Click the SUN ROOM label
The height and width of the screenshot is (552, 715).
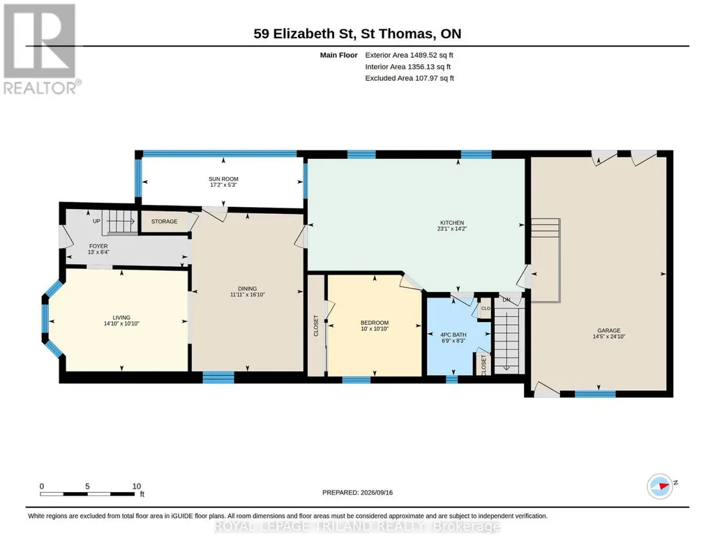(x=223, y=179)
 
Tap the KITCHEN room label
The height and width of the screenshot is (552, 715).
(x=452, y=223)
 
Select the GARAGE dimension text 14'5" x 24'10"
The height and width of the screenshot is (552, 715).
(x=609, y=337)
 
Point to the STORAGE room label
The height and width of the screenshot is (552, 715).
(x=164, y=222)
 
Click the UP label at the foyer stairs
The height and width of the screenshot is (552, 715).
(x=97, y=222)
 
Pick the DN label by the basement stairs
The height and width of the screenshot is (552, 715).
(x=506, y=300)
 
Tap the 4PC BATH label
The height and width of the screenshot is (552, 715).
(x=453, y=335)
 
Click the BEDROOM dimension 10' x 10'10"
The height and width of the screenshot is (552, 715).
(x=375, y=329)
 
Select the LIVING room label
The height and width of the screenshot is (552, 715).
(x=121, y=317)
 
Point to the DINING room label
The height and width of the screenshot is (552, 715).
(x=247, y=289)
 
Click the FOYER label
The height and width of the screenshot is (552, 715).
(x=98, y=246)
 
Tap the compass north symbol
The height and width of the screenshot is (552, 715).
(x=661, y=486)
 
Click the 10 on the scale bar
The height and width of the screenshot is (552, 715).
(x=136, y=486)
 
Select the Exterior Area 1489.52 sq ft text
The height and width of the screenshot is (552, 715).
(x=409, y=55)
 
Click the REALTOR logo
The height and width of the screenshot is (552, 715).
(x=40, y=49)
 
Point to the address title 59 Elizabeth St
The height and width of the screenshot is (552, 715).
(x=305, y=33)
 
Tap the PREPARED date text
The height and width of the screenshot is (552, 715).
(x=357, y=492)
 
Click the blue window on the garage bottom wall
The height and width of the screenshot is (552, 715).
(x=594, y=394)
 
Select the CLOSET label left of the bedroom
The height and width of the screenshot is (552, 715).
(x=315, y=325)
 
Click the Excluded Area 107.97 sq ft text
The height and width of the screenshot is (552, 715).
(x=409, y=78)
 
